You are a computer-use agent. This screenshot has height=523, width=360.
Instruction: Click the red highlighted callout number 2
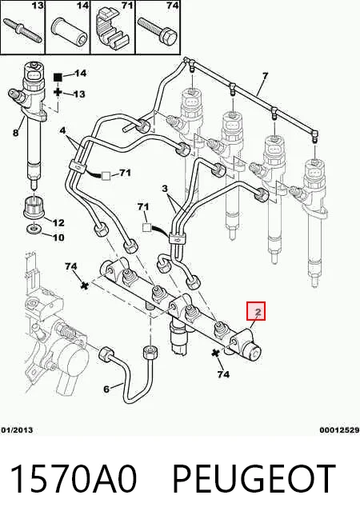click(x=258, y=312)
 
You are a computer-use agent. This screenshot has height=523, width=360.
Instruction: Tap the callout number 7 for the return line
click(x=265, y=77)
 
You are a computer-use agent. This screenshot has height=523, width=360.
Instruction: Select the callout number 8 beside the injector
click(x=15, y=133)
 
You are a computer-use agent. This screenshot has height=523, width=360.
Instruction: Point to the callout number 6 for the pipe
click(x=106, y=389)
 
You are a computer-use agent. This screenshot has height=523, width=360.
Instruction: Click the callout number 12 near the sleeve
click(x=58, y=222)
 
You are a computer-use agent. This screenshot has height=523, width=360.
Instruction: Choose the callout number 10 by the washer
click(x=58, y=238)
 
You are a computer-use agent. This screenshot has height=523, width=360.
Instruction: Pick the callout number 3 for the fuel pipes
click(x=165, y=189)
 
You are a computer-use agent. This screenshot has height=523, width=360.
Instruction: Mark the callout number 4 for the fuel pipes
click(x=62, y=130)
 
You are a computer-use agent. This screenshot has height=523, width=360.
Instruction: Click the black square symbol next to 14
click(x=58, y=78)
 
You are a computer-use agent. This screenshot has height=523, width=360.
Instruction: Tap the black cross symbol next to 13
click(x=58, y=93)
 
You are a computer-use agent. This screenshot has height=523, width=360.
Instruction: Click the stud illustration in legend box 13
click(x=22, y=30)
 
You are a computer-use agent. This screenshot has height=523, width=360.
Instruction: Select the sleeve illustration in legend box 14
click(x=69, y=30)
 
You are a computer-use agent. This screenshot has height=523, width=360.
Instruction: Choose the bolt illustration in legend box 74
click(x=157, y=30)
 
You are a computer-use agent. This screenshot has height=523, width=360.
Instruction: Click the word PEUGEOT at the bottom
click(x=254, y=479)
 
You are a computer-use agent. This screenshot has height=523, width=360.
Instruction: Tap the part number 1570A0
click(x=74, y=479)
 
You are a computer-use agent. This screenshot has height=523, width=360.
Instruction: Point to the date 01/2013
click(x=17, y=430)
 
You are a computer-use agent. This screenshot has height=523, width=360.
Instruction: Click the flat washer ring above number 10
click(x=34, y=230)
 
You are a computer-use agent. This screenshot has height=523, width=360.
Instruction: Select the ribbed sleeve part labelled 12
click(x=34, y=207)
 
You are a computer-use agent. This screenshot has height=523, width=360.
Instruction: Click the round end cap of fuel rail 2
click(x=254, y=353)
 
